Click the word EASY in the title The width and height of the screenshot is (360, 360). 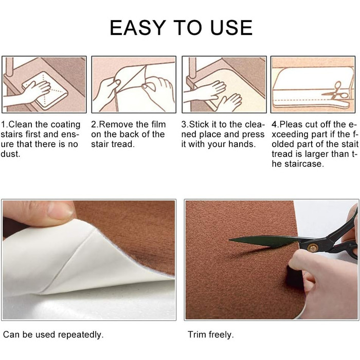click(x=138, y=28)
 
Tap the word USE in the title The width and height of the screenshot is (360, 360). click(x=231, y=28)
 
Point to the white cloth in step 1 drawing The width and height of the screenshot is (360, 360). click(x=45, y=90)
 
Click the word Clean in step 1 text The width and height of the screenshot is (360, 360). click(x=20, y=124)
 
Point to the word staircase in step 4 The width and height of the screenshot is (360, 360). click(x=302, y=164)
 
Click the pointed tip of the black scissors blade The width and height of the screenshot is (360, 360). click(x=229, y=240)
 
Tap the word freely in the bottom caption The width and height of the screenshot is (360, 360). click(x=220, y=335)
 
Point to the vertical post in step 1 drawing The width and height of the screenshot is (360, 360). click(x=9, y=66)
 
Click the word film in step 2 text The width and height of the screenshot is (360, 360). click(x=158, y=124)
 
